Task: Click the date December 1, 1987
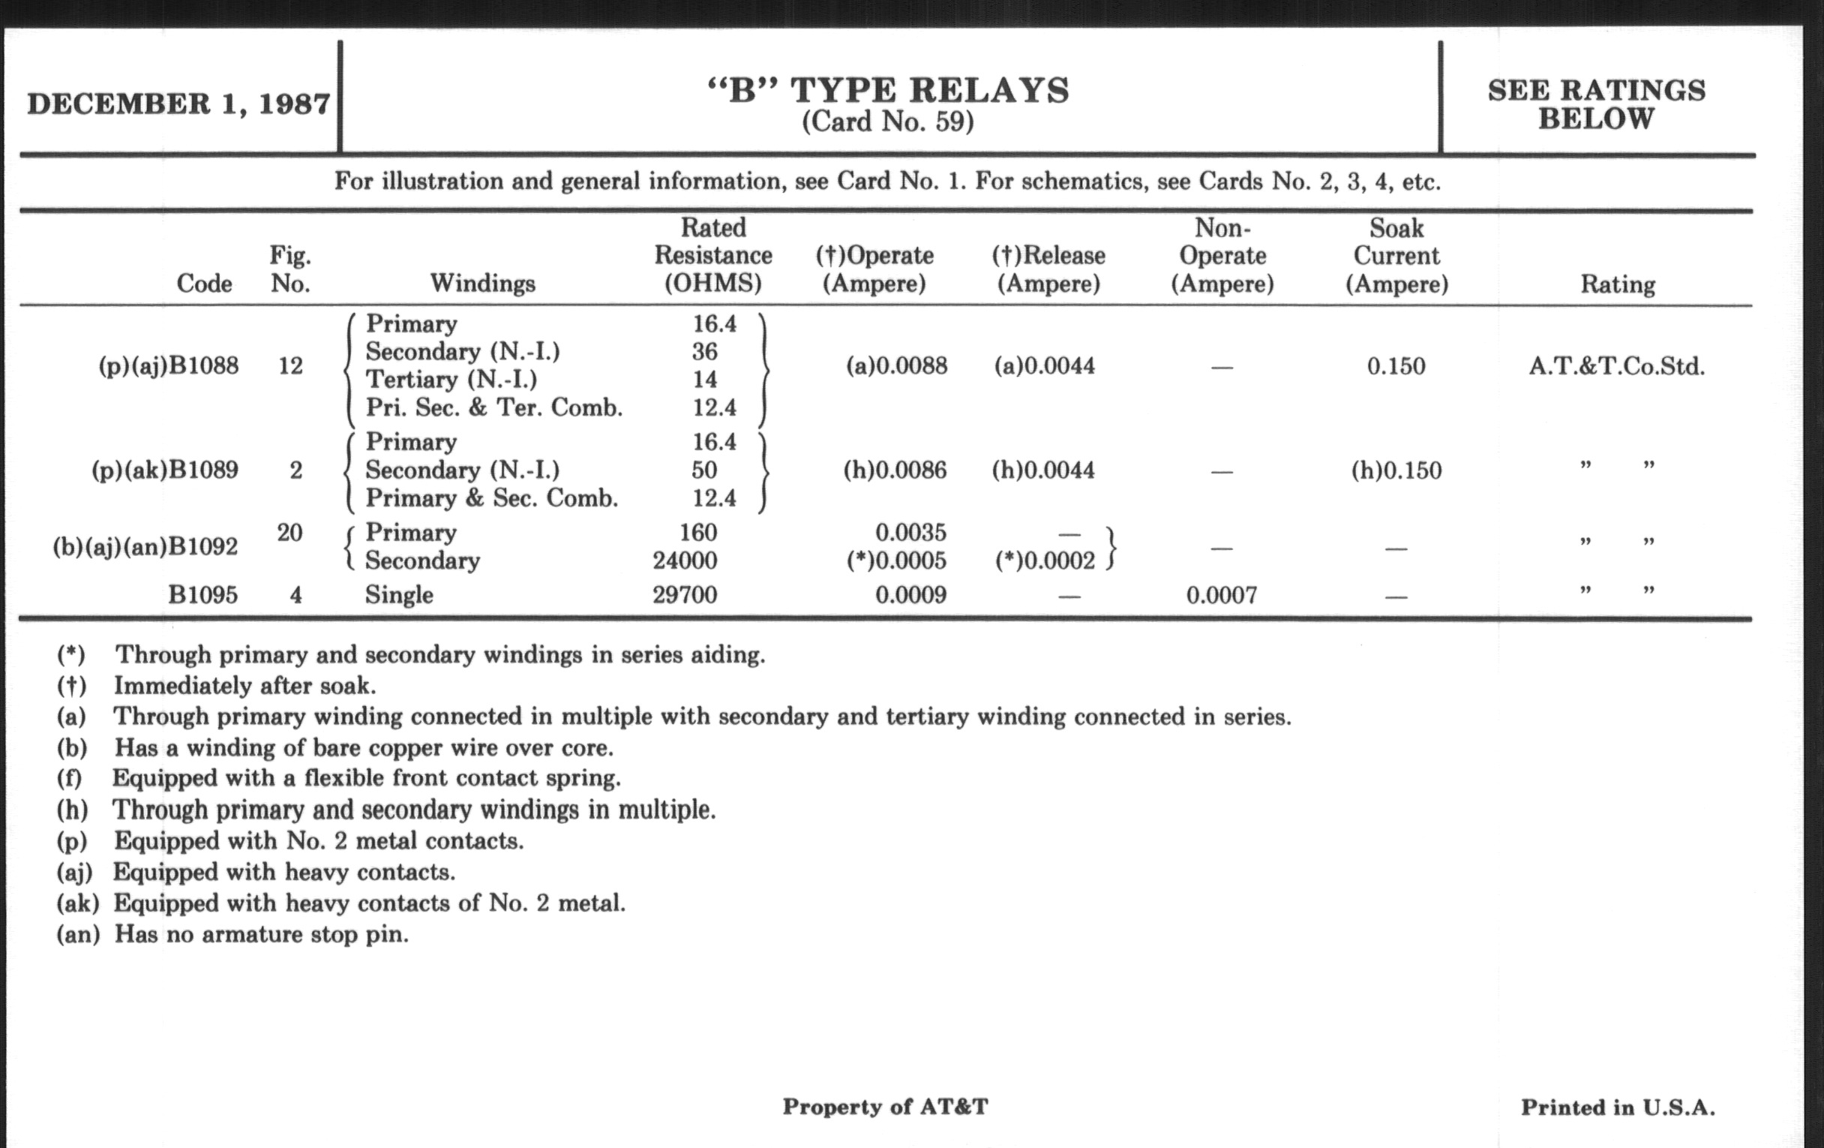(x=178, y=104)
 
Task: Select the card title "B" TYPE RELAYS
(x=888, y=91)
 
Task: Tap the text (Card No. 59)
(x=888, y=122)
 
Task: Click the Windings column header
(x=482, y=284)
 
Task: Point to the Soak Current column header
(x=1396, y=256)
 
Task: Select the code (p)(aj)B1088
(x=168, y=366)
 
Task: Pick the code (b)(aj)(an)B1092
(x=145, y=546)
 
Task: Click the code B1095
(x=202, y=595)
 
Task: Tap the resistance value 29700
(x=685, y=595)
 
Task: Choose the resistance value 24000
(x=685, y=560)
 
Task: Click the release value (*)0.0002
(x=1045, y=560)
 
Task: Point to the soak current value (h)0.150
(x=1396, y=470)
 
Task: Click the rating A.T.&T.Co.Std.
(x=1616, y=367)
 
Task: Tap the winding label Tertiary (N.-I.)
(x=451, y=380)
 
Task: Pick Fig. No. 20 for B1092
(x=290, y=533)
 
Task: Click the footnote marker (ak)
(x=77, y=903)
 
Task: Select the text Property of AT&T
(x=885, y=1107)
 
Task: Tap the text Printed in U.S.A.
(x=1617, y=1107)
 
